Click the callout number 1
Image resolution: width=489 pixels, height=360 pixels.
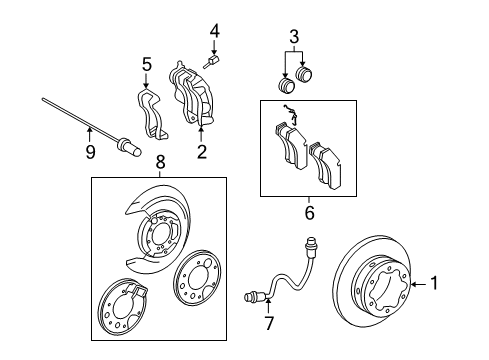click(x=434, y=284)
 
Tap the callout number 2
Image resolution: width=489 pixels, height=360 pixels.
click(x=201, y=152)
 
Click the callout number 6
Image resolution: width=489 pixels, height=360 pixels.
click(x=308, y=212)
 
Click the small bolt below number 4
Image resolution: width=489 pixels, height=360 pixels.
click(x=212, y=65)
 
